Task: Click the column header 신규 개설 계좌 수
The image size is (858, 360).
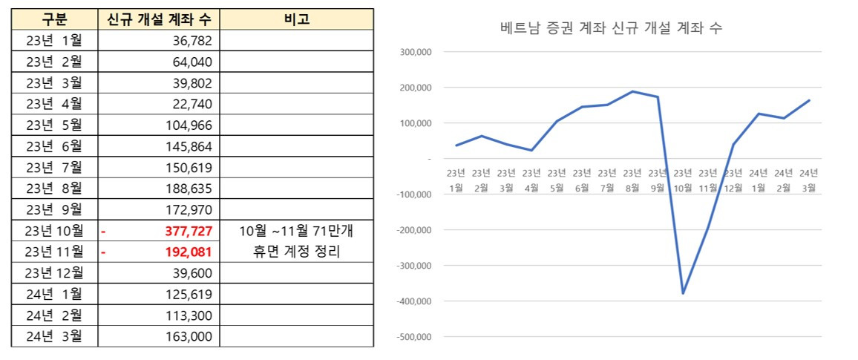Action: point(158,19)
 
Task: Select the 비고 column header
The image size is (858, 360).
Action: point(296,19)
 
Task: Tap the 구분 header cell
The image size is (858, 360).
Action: point(54,19)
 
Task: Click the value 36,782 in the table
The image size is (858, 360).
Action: point(191,40)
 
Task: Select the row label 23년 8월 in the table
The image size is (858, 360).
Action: point(54,188)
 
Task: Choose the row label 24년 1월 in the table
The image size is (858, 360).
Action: point(54,294)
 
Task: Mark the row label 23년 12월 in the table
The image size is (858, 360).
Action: point(54,272)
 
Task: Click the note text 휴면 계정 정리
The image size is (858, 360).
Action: point(296,252)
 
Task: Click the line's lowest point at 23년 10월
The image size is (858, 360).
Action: point(683,293)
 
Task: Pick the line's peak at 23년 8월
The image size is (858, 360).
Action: point(632,91)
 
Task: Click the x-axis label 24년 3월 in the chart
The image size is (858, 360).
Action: point(809,180)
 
